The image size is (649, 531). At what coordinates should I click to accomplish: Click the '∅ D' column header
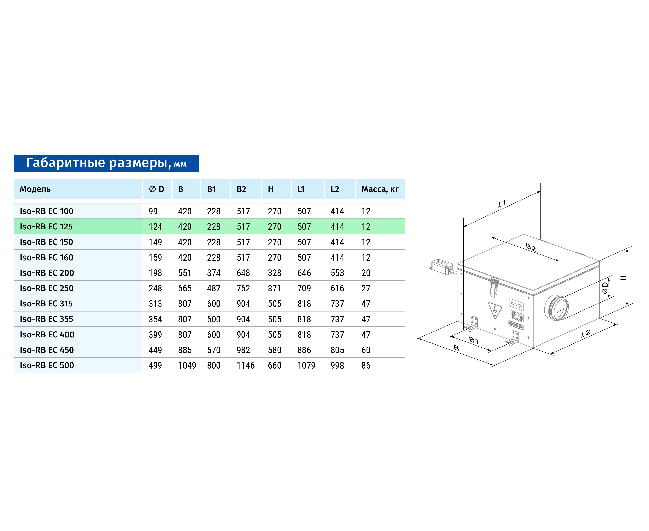click(156, 189)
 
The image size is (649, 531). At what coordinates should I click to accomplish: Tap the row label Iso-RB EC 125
click(46, 227)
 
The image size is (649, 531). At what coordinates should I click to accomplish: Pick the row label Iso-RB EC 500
click(47, 365)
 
